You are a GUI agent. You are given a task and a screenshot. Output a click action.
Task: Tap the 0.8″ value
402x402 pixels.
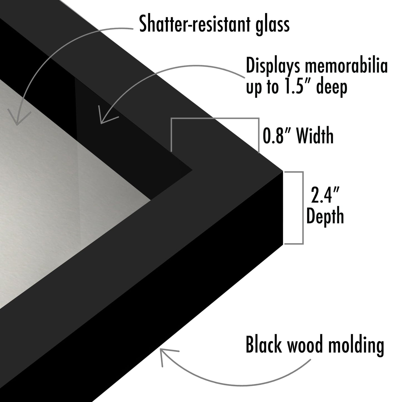coord(277,135)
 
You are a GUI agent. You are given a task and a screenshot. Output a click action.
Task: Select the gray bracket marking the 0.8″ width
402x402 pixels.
coord(215,119)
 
